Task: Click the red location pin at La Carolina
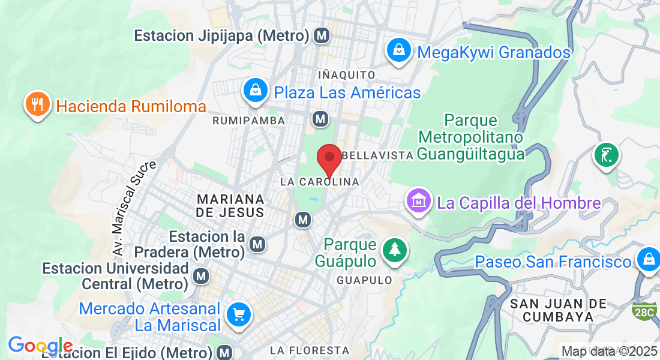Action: [329, 160]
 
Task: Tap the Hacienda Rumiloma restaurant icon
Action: [37, 104]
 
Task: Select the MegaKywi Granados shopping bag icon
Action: [399, 51]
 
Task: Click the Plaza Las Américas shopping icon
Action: [256, 91]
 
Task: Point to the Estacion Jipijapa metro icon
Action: [322, 36]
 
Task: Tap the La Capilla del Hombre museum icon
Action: [419, 201]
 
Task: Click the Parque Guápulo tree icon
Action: [394, 251]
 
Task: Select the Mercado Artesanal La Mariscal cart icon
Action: [238, 314]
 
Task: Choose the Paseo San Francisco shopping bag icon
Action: [648, 260]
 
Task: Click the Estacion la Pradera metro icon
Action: [258, 244]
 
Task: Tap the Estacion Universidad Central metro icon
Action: [202, 276]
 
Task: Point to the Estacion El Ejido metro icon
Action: [225, 352]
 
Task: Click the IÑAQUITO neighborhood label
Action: [346, 75]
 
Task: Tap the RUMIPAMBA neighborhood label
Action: [244, 121]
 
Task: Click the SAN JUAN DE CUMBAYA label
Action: [558, 310]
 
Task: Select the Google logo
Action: [40, 346]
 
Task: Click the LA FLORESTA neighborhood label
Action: [309, 350]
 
